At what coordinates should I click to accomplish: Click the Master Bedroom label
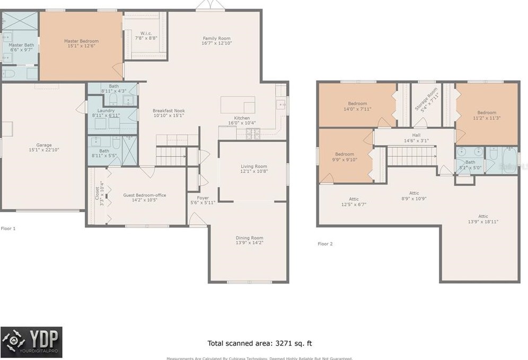[x=81, y=41]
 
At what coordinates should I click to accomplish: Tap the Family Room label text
[x=217, y=38]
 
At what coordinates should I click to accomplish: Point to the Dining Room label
[x=249, y=238]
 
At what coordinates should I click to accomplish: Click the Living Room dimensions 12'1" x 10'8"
[x=253, y=171]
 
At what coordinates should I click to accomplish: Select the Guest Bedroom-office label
[x=144, y=195]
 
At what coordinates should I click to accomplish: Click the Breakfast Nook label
[x=169, y=110]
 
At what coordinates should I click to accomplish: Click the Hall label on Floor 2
[x=416, y=135]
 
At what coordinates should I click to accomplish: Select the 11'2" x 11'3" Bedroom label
[x=486, y=112]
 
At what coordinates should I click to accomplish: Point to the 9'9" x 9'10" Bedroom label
[x=344, y=154]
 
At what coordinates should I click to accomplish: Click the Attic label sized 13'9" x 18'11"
[x=483, y=216]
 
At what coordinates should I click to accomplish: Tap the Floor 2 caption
[x=325, y=244]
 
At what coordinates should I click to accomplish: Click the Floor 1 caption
[x=8, y=229]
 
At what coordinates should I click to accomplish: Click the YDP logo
[x=31, y=342]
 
